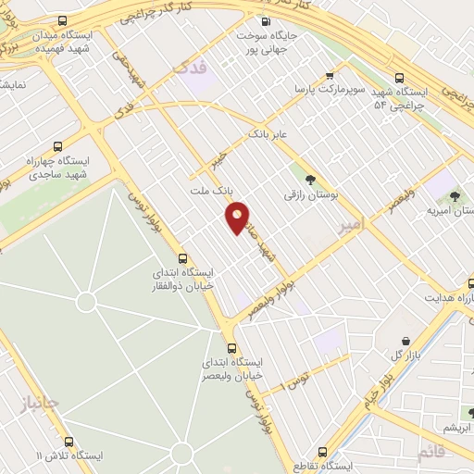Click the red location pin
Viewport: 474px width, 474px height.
tap(238, 218)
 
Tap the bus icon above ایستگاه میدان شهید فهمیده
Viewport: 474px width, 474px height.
tap(61, 21)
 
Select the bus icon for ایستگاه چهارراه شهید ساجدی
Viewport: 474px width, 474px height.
tap(58, 146)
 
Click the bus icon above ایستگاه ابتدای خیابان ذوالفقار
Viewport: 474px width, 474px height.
tap(182, 260)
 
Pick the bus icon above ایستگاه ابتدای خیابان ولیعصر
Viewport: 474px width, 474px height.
tap(231, 348)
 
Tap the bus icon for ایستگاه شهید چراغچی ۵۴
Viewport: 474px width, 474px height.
tap(399, 79)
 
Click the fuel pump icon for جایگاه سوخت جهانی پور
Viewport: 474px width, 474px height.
tap(267, 22)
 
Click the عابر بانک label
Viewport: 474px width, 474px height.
tap(268, 135)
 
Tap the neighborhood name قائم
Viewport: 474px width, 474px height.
tap(431, 453)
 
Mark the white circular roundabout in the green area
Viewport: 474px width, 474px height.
tap(86, 302)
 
